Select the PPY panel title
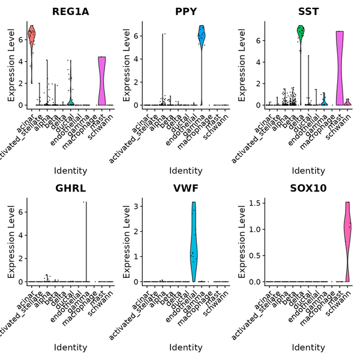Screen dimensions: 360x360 185,11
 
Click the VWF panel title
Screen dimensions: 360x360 185,188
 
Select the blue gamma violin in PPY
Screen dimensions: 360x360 202,36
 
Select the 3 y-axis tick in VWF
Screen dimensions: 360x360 137,206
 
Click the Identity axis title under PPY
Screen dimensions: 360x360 185,171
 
